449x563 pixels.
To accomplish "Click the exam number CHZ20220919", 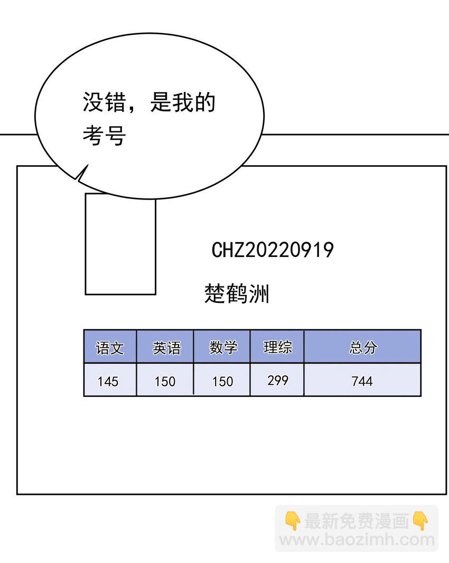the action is coord(273,250).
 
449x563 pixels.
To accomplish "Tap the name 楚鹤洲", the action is coord(237,293).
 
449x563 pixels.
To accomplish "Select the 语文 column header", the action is coord(110,348).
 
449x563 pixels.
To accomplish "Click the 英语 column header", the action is coord(166,348).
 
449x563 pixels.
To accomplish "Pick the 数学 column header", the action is coord(223,347).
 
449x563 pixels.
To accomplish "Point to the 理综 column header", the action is coord(278,347).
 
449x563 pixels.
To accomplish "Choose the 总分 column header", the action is coord(363,347).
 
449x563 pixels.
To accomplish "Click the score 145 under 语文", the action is coord(108,381).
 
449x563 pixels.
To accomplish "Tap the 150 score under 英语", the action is coord(165,381).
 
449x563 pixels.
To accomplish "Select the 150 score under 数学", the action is coord(223,381).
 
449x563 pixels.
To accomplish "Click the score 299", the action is coord(278,380).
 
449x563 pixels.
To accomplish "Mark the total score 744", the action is coord(362,381).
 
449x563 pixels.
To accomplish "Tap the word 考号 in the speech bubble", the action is coord(104,136).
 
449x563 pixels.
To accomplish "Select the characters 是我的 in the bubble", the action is coord(183,102).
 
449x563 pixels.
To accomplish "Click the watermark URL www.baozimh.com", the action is coord(357,540).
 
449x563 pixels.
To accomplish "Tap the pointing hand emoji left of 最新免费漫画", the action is coord(293,521).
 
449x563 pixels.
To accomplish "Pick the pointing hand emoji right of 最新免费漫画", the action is coord(420,521).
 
